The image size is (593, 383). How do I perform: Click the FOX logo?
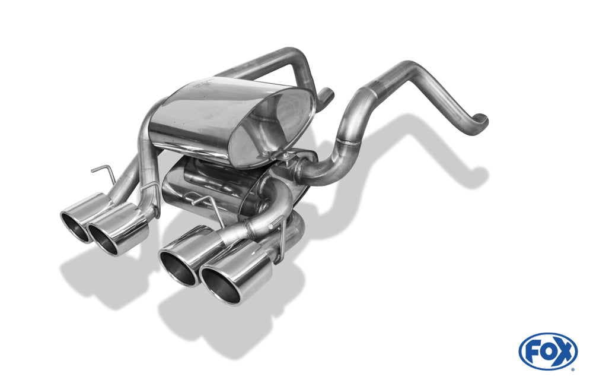547,352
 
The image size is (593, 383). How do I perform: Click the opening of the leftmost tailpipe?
75,227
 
